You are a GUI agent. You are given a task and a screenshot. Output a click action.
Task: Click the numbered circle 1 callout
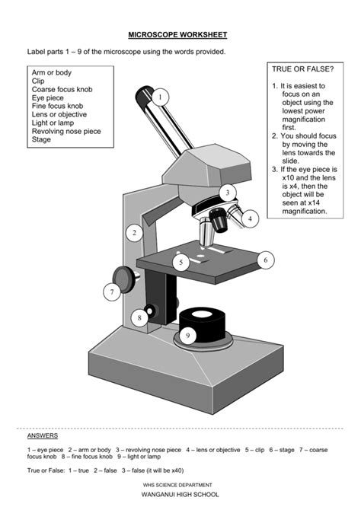click(x=160, y=97)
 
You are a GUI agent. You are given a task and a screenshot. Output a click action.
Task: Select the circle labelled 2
click(x=134, y=233)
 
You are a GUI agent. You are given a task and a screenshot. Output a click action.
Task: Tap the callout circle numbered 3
click(x=226, y=193)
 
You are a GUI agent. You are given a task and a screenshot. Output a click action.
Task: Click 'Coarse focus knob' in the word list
click(x=62, y=89)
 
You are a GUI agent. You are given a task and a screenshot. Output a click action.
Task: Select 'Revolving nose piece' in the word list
click(x=65, y=131)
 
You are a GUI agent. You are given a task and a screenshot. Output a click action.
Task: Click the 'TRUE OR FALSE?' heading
click(x=302, y=69)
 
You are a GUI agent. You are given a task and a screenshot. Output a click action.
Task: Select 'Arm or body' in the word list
click(x=51, y=72)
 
